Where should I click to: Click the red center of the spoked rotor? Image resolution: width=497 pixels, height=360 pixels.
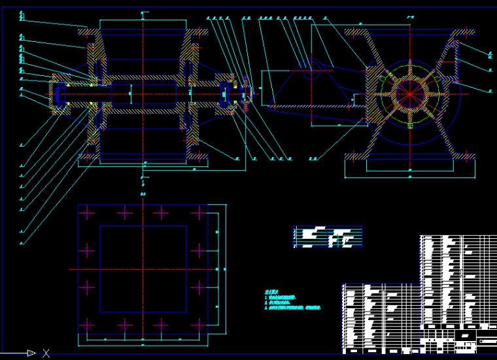(x=409, y=94)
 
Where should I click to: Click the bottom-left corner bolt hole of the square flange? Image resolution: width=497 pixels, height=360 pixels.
(x=87, y=324)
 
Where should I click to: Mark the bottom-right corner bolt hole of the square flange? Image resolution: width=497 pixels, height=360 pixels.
(x=198, y=324)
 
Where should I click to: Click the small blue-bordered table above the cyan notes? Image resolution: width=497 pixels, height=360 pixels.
(x=327, y=237)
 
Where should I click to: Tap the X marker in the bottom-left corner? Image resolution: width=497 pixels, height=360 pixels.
(x=46, y=353)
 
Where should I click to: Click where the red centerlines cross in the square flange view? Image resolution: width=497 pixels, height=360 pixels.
(x=143, y=268)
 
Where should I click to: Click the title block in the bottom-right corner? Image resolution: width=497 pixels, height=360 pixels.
(x=458, y=337)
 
